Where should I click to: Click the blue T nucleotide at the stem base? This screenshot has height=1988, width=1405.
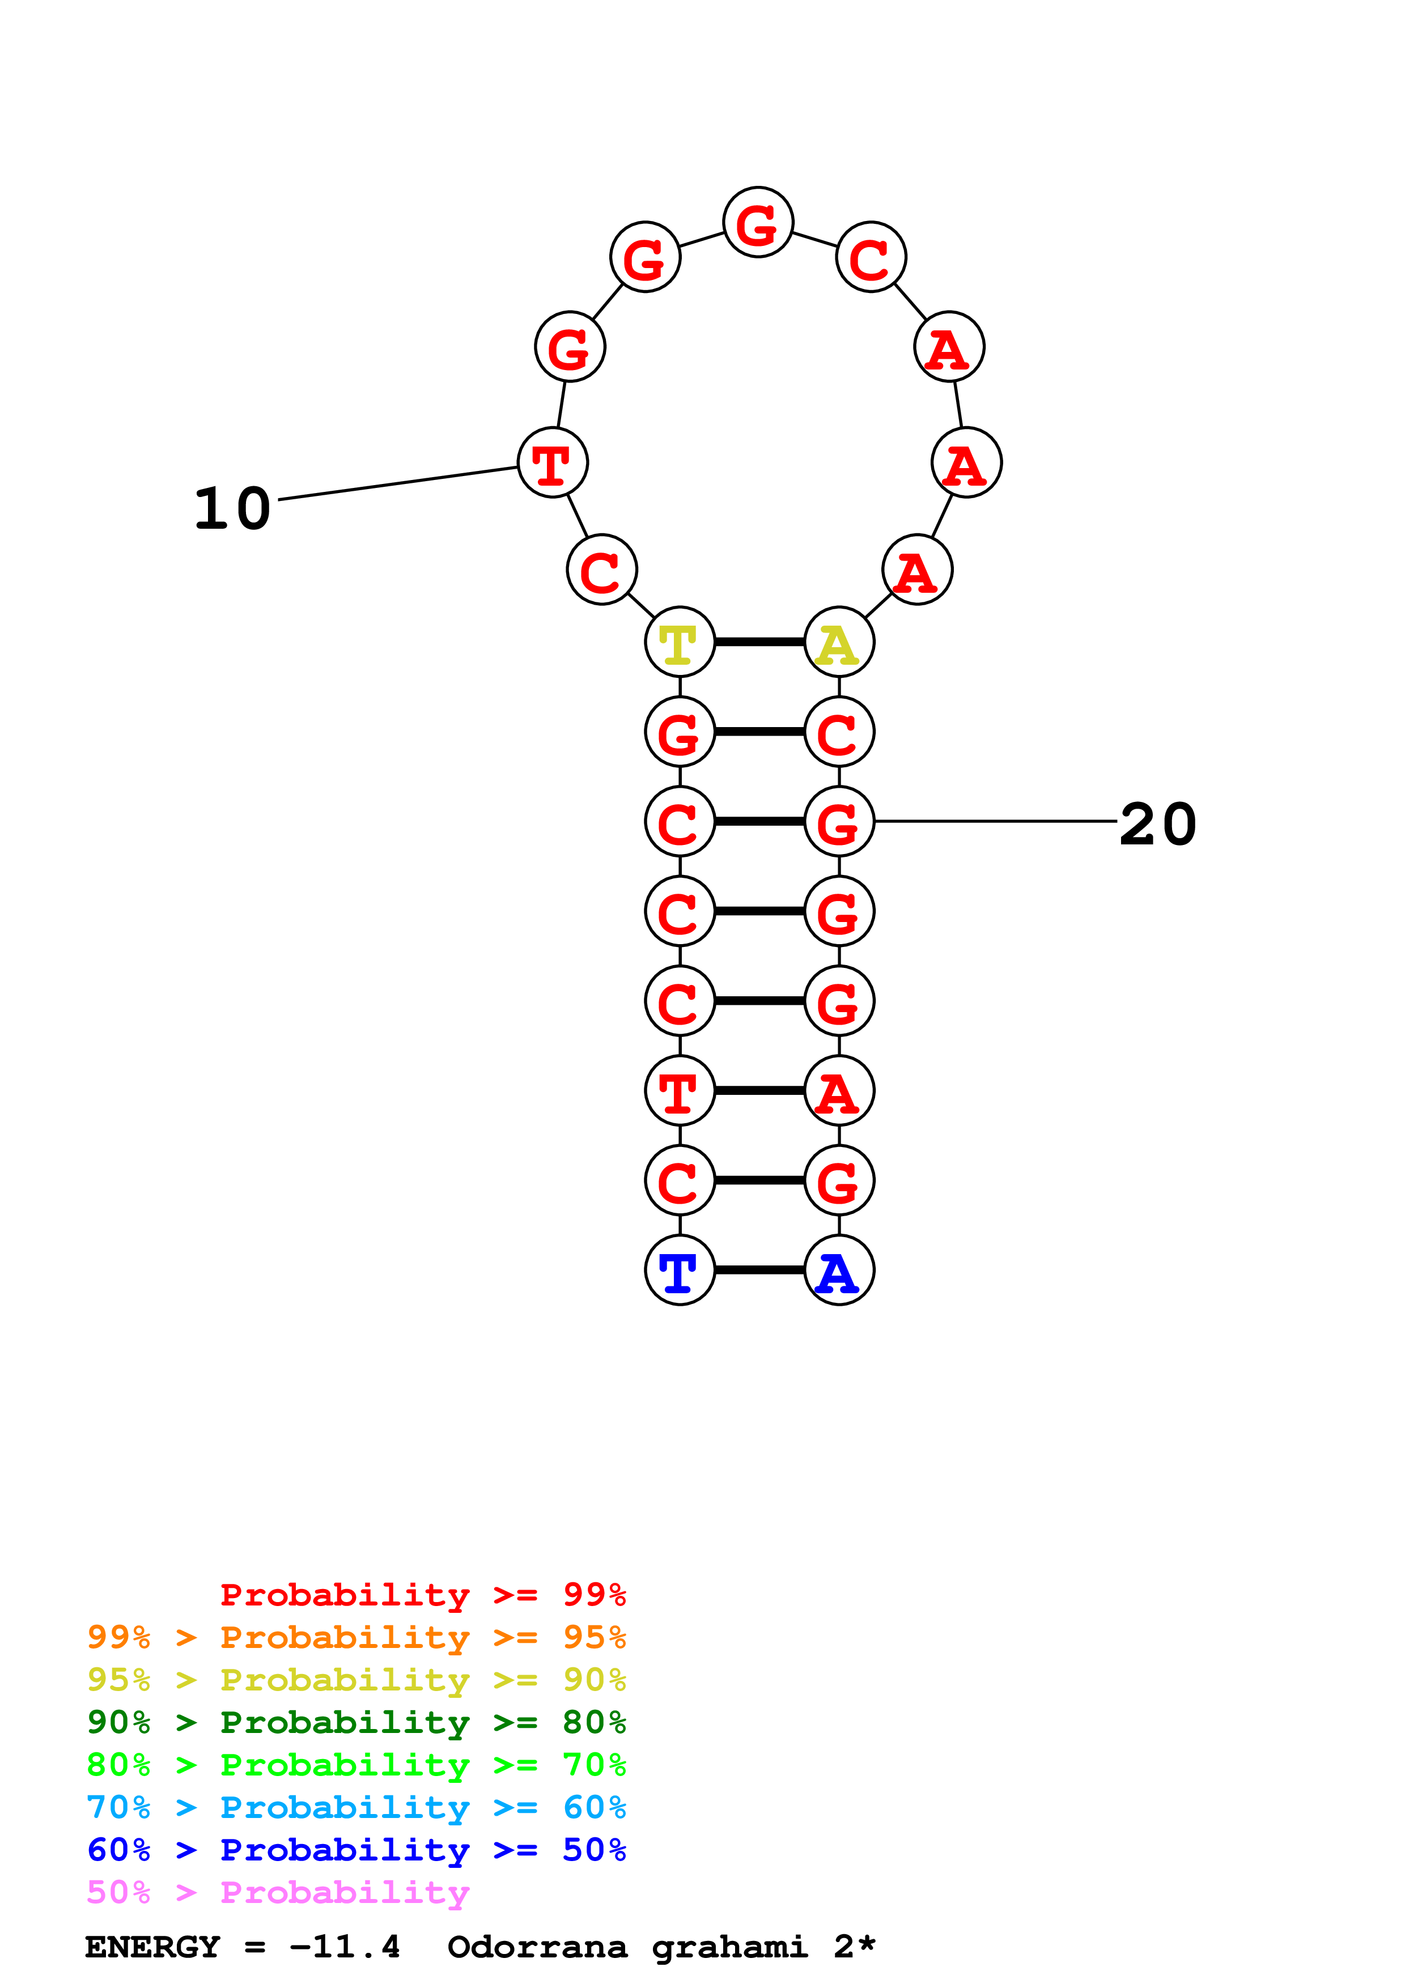[680, 1270]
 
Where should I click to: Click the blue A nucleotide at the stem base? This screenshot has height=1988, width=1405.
[839, 1270]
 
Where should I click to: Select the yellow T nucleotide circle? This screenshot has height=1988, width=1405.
[680, 643]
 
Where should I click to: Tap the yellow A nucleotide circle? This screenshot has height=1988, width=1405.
[839, 643]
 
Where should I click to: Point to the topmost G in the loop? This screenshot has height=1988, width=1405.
[758, 223]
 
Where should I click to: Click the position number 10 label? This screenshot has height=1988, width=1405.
[232, 508]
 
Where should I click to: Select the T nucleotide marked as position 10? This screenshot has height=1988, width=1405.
[552, 463]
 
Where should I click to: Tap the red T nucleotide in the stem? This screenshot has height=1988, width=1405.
[680, 1091]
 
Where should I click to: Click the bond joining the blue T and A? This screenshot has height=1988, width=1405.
[759, 1270]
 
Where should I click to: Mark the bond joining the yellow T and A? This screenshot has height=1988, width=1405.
[759, 643]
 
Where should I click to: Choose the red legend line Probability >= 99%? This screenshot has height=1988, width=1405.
[422, 1595]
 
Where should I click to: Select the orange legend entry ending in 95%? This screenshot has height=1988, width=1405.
[356, 1637]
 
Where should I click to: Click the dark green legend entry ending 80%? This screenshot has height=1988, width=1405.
[356, 1722]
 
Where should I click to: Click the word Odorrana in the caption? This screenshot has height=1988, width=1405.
[537, 1947]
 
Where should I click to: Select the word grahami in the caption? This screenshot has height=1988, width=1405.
[729, 1947]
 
